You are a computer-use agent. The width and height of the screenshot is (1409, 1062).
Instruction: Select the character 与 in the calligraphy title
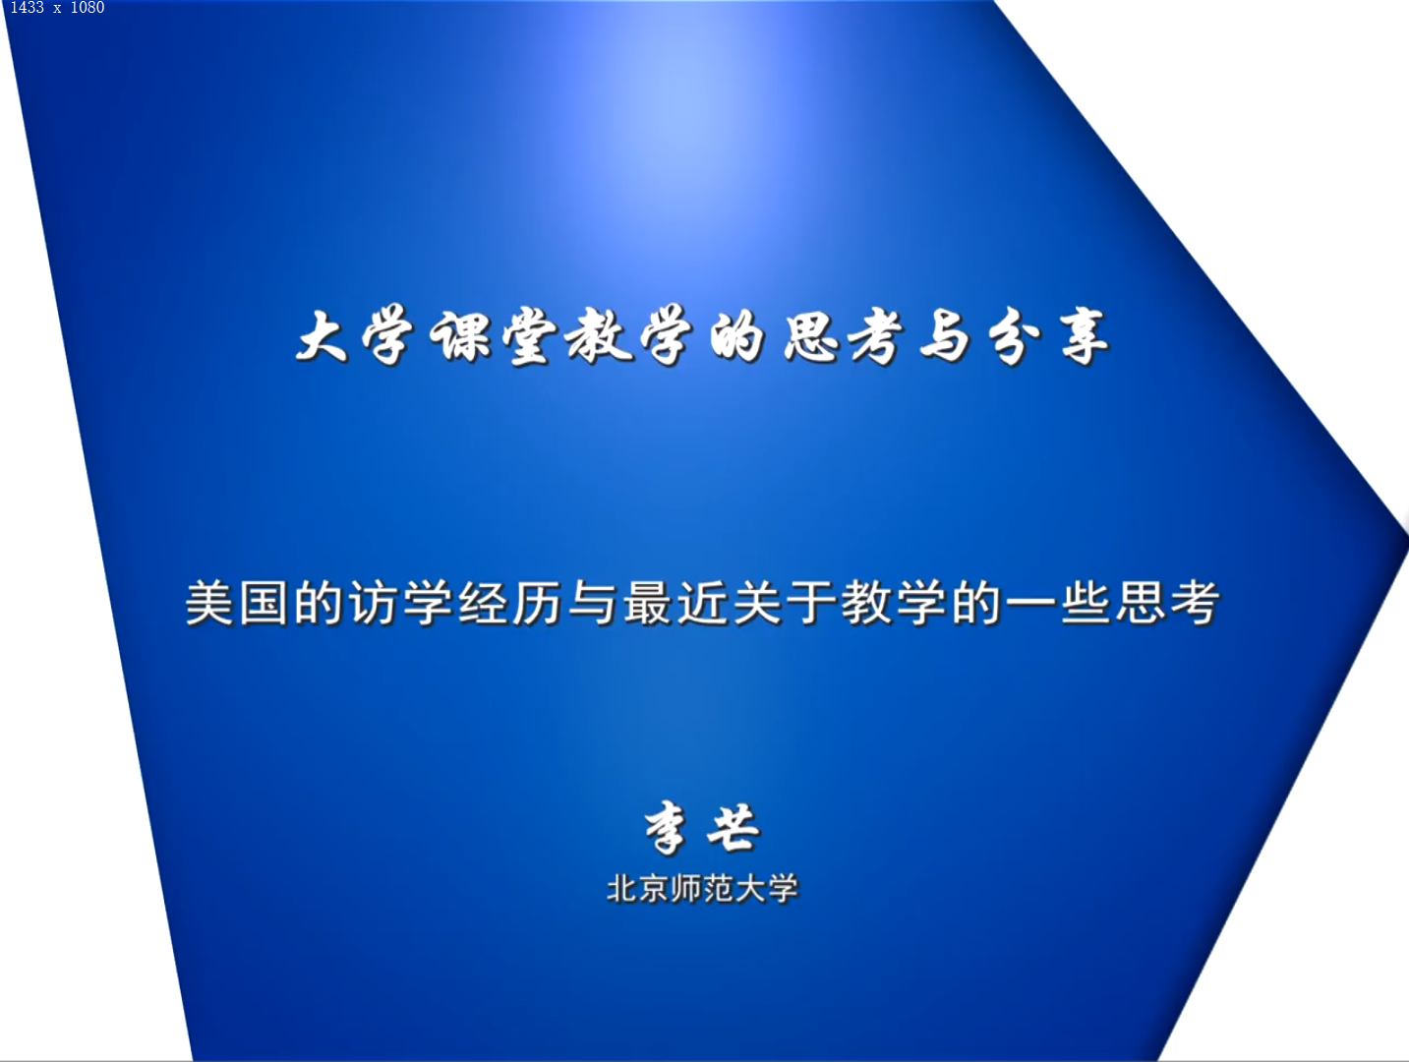[x=944, y=337]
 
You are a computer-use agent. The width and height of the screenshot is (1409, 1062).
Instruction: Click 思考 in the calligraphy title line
[x=842, y=337]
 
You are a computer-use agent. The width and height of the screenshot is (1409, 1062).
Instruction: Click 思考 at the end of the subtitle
[x=1168, y=603]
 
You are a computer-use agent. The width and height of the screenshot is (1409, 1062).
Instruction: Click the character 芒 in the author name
[x=734, y=827]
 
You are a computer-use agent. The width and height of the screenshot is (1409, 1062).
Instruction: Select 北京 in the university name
[x=638, y=889]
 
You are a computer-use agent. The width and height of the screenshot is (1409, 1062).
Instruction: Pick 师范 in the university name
[x=702, y=889]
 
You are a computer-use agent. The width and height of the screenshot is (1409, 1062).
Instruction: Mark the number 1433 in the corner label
[x=28, y=8]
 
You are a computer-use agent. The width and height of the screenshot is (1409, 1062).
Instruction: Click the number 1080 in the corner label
[x=88, y=8]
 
